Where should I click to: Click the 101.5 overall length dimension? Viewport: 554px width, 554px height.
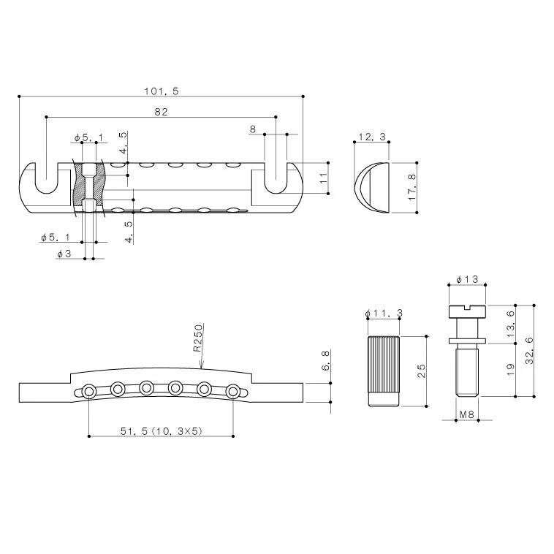pos(161,91)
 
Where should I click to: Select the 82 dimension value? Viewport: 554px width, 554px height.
pos(161,112)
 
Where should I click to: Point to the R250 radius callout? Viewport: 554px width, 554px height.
pos(198,338)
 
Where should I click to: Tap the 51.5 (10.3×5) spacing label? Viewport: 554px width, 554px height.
pos(161,431)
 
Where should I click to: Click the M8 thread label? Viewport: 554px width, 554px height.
pos(466,414)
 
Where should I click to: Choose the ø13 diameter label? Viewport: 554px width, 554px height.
pos(467,279)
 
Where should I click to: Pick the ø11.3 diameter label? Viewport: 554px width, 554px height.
pos(384,313)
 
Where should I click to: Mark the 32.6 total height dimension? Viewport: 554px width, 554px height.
pos(529,351)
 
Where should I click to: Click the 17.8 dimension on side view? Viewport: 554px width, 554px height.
pos(412,187)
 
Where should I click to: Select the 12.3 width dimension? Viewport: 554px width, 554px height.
pos(372,137)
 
